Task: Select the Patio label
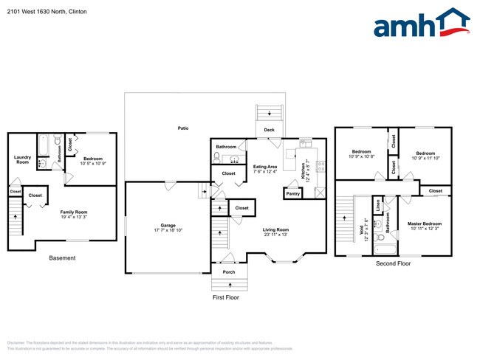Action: click(182, 128)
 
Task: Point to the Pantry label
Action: click(293, 193)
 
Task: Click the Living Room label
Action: click(276, 230)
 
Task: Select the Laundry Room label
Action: click(22, 159)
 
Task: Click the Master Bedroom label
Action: click(424, 224)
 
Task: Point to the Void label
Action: click(363, 221)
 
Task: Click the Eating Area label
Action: click(265, 167)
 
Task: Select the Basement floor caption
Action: click(62, 257)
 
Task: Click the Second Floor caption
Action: click(393, 263)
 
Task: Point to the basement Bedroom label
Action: click(93, 159)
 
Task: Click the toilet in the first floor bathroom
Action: click(217, 158)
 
